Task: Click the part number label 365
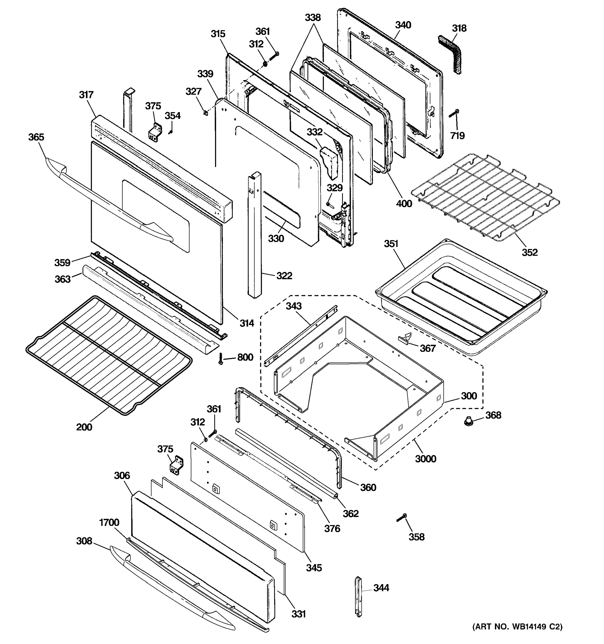click(36, 137)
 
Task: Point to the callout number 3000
click(425, 459)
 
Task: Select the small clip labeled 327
click(205, 112)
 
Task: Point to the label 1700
click(109, 522)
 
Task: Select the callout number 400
click(404, 203)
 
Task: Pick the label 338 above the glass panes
click(312, 17)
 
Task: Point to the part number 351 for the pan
click(391, 244)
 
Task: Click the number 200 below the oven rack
click(84, 427)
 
